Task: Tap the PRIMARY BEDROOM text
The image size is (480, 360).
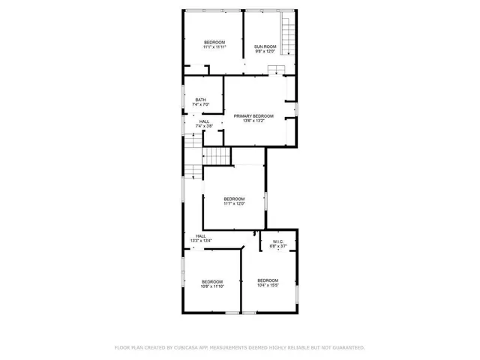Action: tap(253, 116)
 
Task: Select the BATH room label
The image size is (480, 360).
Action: tap(201, 100)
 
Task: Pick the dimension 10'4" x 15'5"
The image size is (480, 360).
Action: tap(268, 285)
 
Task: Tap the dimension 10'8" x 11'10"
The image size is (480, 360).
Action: tap(212, 286)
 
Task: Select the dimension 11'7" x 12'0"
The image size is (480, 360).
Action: tap(234, 203)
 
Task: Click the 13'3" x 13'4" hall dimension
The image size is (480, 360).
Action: tap(201, 241)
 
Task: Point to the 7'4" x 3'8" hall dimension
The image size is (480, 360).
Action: tap(205, 126)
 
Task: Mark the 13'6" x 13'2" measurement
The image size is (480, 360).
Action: tap(253, 121)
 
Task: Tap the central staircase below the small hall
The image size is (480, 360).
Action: tap(217, 157)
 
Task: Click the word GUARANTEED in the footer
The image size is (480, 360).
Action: tap(350, 348)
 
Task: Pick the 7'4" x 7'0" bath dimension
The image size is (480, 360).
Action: tap(201, 104)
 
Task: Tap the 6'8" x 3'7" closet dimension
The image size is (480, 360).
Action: tap(278, 246)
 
